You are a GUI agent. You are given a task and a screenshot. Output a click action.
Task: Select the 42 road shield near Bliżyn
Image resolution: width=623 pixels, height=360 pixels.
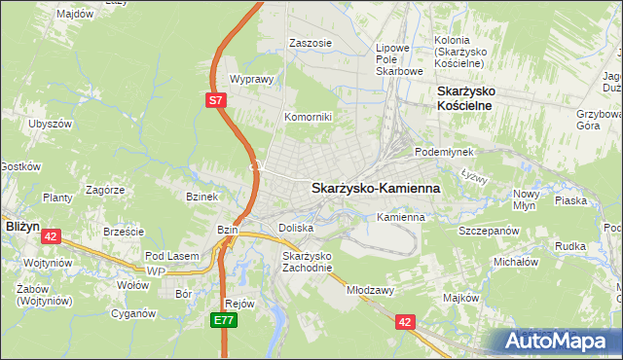click(x=52, y=235)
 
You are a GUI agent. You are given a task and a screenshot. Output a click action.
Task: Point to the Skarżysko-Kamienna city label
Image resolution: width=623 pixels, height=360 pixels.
click(x=375, y=188)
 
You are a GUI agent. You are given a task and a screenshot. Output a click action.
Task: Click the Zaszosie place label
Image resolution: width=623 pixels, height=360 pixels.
click(x=311, y=44)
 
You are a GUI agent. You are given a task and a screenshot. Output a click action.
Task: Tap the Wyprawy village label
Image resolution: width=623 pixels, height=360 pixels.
click(x=247, y=80)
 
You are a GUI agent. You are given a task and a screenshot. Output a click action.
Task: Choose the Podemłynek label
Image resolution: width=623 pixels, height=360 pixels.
click(x=443, y=153)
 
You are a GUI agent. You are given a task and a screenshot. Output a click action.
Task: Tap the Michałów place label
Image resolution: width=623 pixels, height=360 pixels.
click(x=516, y=262)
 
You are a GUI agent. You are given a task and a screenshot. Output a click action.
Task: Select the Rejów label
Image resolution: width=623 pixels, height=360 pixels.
click(x=239, y=303)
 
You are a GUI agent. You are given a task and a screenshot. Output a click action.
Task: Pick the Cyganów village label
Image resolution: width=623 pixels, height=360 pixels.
click(x=134, y=313)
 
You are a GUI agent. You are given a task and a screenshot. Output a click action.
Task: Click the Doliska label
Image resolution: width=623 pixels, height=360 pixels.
click(x=296, y=228)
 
